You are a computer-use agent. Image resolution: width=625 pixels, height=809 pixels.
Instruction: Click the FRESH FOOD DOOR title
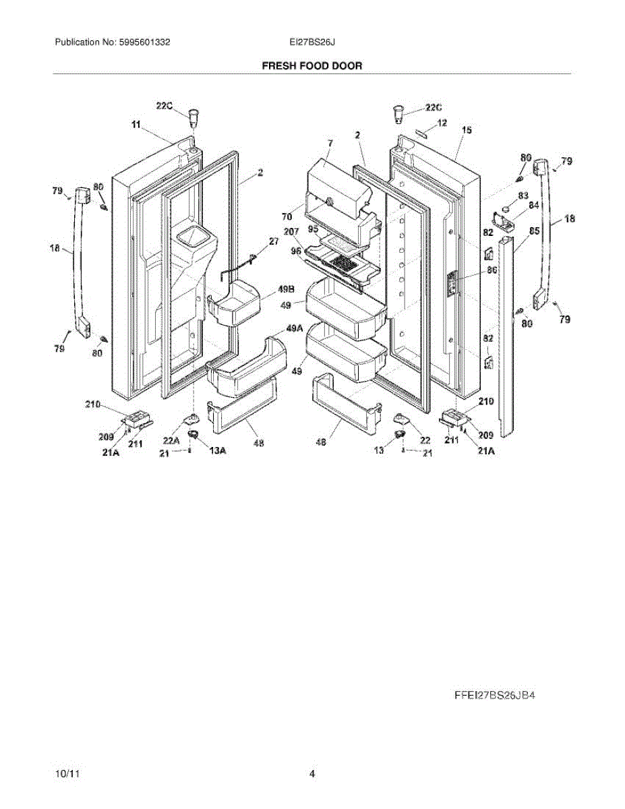coord(311,66)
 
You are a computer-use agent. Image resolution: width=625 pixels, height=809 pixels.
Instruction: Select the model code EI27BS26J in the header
coord(313,42)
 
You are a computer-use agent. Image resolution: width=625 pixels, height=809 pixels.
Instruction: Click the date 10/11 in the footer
coord(64,775)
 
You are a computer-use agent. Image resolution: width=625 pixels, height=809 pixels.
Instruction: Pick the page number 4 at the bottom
coord(312,775)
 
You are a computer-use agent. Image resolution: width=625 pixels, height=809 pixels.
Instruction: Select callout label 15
coord(467,129)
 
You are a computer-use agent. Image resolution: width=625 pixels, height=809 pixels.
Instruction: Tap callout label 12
coord(442,123)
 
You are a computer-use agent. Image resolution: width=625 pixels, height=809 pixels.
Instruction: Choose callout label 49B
coord(276,291)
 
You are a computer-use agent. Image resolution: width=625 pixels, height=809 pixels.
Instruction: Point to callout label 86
coord(492,269)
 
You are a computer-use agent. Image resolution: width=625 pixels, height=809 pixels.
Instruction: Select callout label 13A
coord(217,451)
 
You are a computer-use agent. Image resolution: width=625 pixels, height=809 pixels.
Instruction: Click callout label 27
coord(274,241)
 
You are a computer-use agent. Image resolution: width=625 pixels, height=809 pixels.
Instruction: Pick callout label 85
coord(534,231)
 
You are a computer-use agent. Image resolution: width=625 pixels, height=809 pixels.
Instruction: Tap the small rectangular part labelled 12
coord(422,132)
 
